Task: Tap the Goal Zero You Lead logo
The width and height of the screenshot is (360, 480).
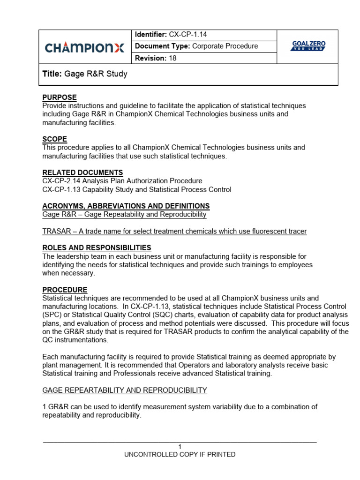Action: coord(308,46)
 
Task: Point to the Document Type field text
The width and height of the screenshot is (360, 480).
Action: coord(196,46)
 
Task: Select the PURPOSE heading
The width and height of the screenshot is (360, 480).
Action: coord(60,97)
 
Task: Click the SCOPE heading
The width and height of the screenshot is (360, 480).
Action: coord(54,139)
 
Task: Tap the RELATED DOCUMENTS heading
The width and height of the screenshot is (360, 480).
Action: coord(82,172)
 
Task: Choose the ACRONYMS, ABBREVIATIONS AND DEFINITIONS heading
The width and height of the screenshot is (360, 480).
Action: coord(126,206)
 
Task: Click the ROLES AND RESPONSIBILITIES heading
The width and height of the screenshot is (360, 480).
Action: coord(97,247)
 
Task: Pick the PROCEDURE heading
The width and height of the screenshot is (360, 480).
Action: coord(65,290)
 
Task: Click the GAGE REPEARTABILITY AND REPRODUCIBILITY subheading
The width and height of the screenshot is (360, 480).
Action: coord(124,390)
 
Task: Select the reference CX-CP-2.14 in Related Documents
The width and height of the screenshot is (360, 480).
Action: coord(60,181)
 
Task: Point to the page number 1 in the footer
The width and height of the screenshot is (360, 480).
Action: coord(180,447)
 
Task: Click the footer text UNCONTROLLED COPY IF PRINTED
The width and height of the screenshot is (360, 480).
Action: coord(180,454)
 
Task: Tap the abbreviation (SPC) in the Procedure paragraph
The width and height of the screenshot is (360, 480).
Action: coord(51,315)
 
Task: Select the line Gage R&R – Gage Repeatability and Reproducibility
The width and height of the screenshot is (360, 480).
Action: coord(124,214)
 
